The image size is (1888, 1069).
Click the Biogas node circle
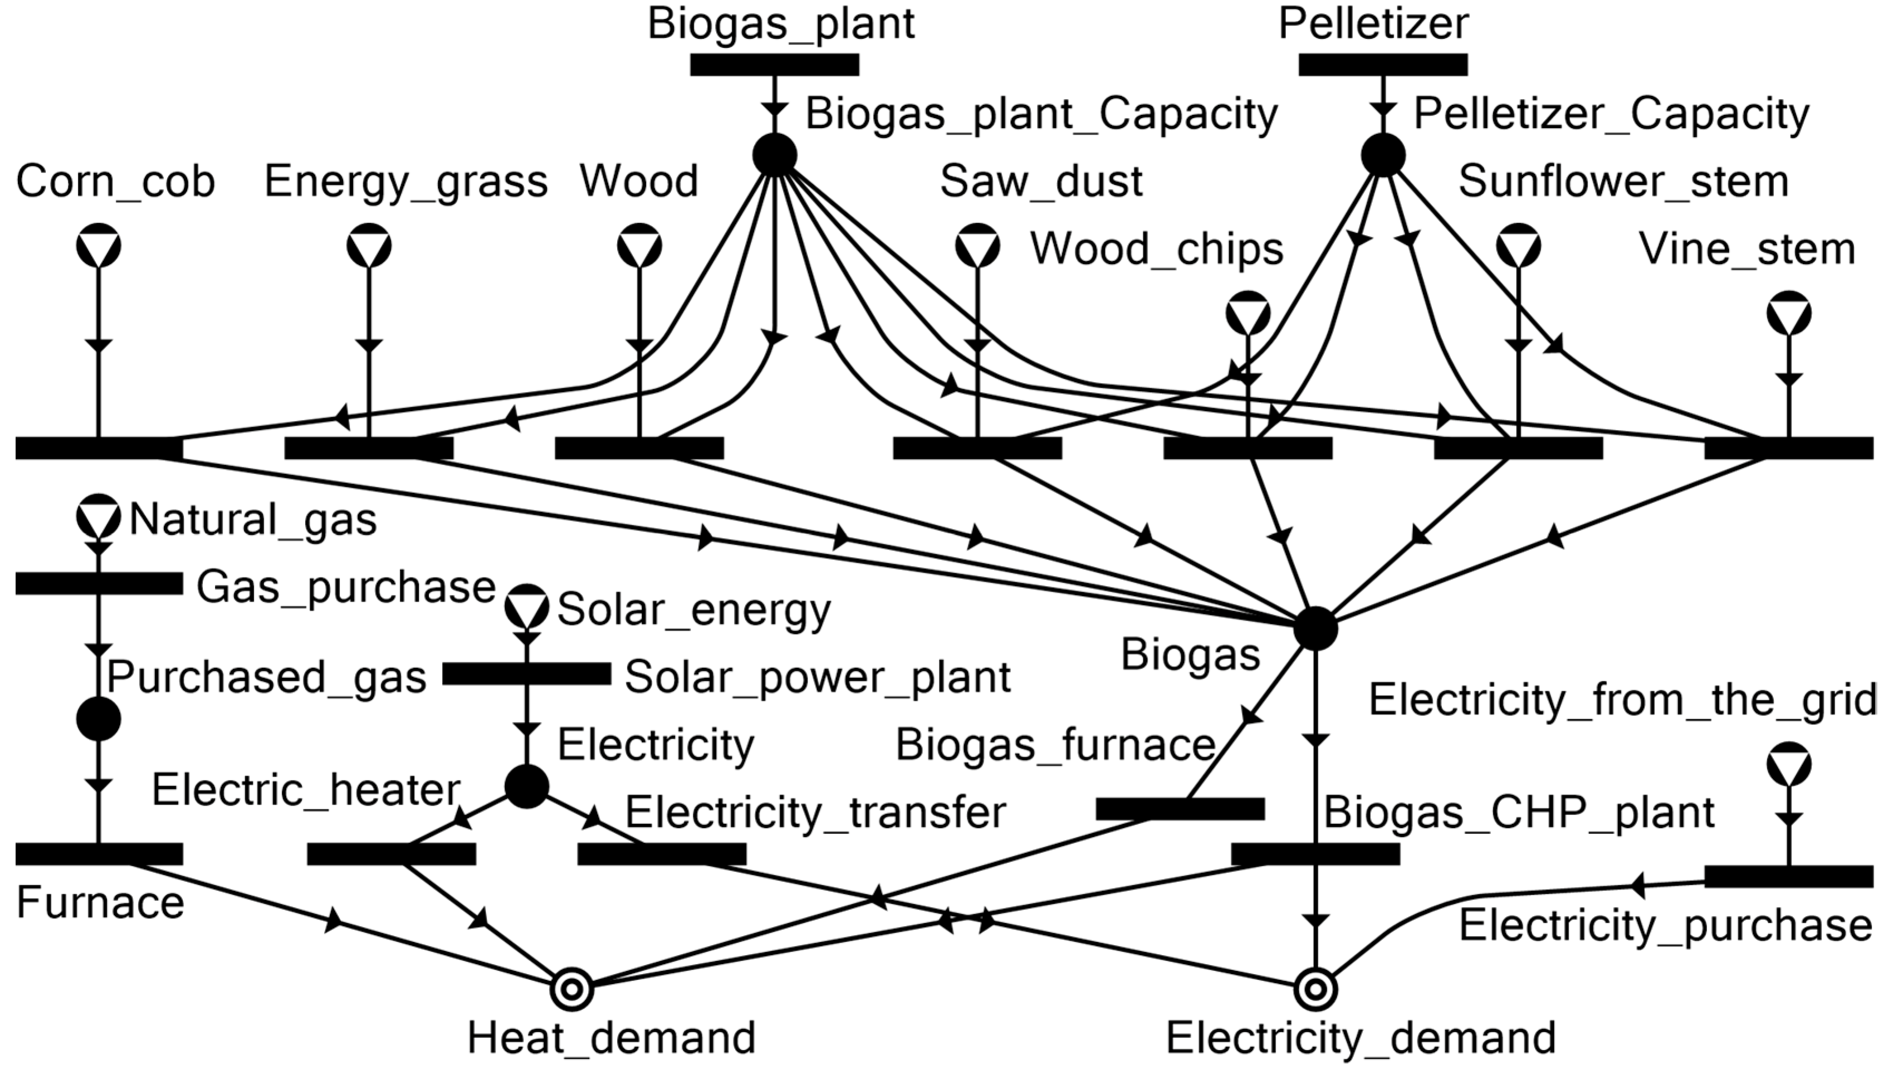[x=1315, y=628]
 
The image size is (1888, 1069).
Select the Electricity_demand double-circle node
[x=1315, y=989]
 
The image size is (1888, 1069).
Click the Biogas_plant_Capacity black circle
[x=775, y=155]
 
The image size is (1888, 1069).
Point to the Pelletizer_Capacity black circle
[x=1383, y=155]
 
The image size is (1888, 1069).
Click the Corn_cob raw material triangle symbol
[x=99, y=245]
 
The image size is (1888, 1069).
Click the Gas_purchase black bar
[x=99, y=584]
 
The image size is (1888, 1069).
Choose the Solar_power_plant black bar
[x=526, y=674]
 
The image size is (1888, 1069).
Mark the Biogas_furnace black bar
[x=1180, y=809]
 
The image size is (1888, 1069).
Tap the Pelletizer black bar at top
[x=1383, y=65]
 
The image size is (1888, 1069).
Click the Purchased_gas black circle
[x=99, y=719]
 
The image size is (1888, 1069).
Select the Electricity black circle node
[x=526, y=787]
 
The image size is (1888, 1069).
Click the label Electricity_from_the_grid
[x=1622, y=700]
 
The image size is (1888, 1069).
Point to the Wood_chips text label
[x=1157, y=249]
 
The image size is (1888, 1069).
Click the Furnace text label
[x=100, y=902]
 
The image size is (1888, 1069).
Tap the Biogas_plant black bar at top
[x=775, y=65]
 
